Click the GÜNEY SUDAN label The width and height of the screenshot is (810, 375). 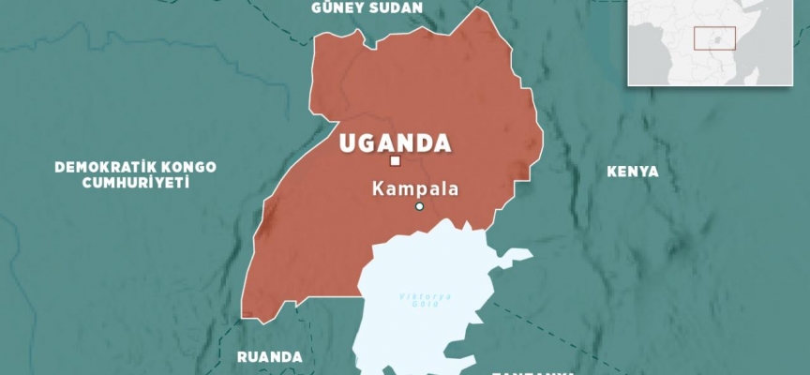point(367,7)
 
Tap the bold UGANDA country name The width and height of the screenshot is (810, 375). point(395,144)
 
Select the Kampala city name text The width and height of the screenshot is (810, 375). point(415,188)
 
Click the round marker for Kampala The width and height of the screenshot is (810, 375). point(420,206)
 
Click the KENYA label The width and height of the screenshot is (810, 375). point(633,172)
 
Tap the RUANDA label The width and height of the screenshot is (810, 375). point(270,357)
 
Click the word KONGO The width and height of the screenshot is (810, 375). point(186,167)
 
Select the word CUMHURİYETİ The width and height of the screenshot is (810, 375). point(122,183)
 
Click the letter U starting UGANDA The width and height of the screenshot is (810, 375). point(348,144)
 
